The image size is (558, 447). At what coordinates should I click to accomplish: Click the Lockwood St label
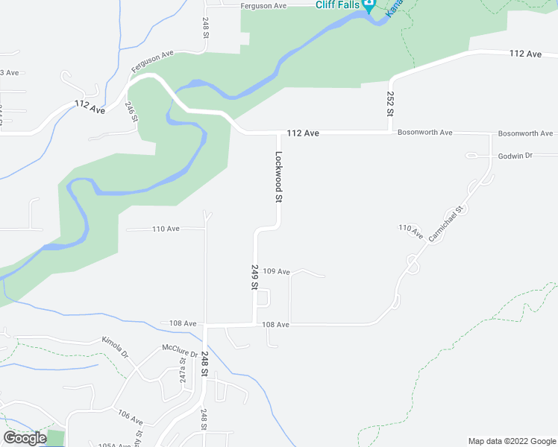pos(279,178)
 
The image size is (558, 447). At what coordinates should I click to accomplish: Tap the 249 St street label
pos(254,277)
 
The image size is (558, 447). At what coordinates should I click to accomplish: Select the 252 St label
pos(389,103)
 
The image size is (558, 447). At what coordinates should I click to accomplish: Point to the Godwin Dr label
pos(515,156)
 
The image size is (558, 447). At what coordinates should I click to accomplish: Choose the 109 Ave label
pos(276,272)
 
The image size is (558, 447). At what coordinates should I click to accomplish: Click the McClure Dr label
pos(180,349)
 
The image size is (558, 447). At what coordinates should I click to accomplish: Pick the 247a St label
pos(181,370)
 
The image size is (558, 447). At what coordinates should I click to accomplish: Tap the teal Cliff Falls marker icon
pos(368,5)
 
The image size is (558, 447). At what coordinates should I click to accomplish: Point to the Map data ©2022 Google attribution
pos(512,441)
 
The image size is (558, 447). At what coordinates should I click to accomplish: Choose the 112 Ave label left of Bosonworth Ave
pos(303,133)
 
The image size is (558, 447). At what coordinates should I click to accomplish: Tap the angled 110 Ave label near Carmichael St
pos(410,232)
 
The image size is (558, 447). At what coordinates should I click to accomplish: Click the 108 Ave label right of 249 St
pos(275,325)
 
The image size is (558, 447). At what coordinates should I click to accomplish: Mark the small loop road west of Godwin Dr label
pos(471,156)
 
